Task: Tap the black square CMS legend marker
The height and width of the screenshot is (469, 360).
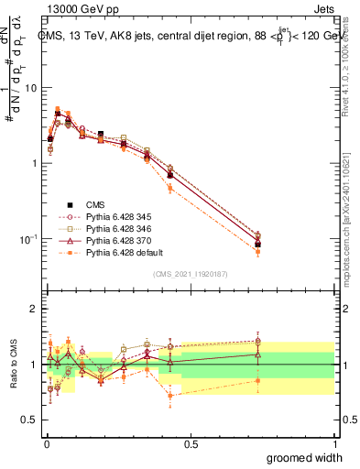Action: pyautogui.click(x=68, y=204)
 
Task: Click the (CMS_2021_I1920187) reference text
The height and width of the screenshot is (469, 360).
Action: pyautogui.click(x=191, y=274)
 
